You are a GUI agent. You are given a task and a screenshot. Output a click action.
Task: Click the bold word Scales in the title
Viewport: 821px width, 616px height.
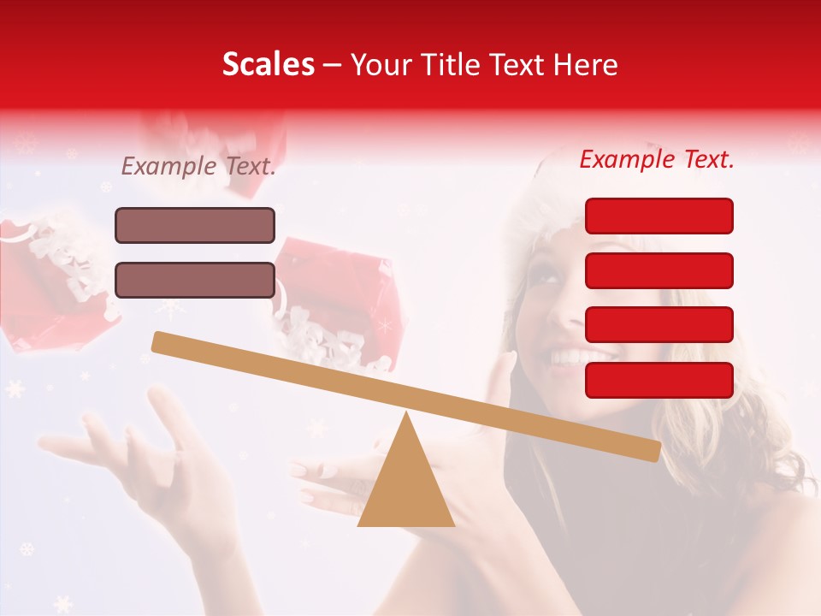coord(268,64)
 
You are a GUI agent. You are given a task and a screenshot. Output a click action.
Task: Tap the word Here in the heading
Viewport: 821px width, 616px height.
coord(586,65)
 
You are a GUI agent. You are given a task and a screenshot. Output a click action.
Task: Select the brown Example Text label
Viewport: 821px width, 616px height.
coord(198,166)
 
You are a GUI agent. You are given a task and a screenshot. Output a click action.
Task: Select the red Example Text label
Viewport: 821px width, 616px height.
coord(657,159)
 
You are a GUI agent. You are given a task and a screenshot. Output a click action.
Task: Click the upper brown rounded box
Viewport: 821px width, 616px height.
coord(195,225)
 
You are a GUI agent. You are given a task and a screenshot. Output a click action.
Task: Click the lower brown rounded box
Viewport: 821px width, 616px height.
coord(195,280)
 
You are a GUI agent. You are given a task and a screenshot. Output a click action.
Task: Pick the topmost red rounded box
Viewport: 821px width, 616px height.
coord(659,216)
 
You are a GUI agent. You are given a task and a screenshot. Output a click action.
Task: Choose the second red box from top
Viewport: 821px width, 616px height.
coord(659,270)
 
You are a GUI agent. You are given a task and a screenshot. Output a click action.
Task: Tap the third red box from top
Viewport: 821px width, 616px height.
coord(659,324)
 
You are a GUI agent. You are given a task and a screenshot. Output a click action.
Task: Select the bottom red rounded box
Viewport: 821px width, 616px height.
coord(659,380)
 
